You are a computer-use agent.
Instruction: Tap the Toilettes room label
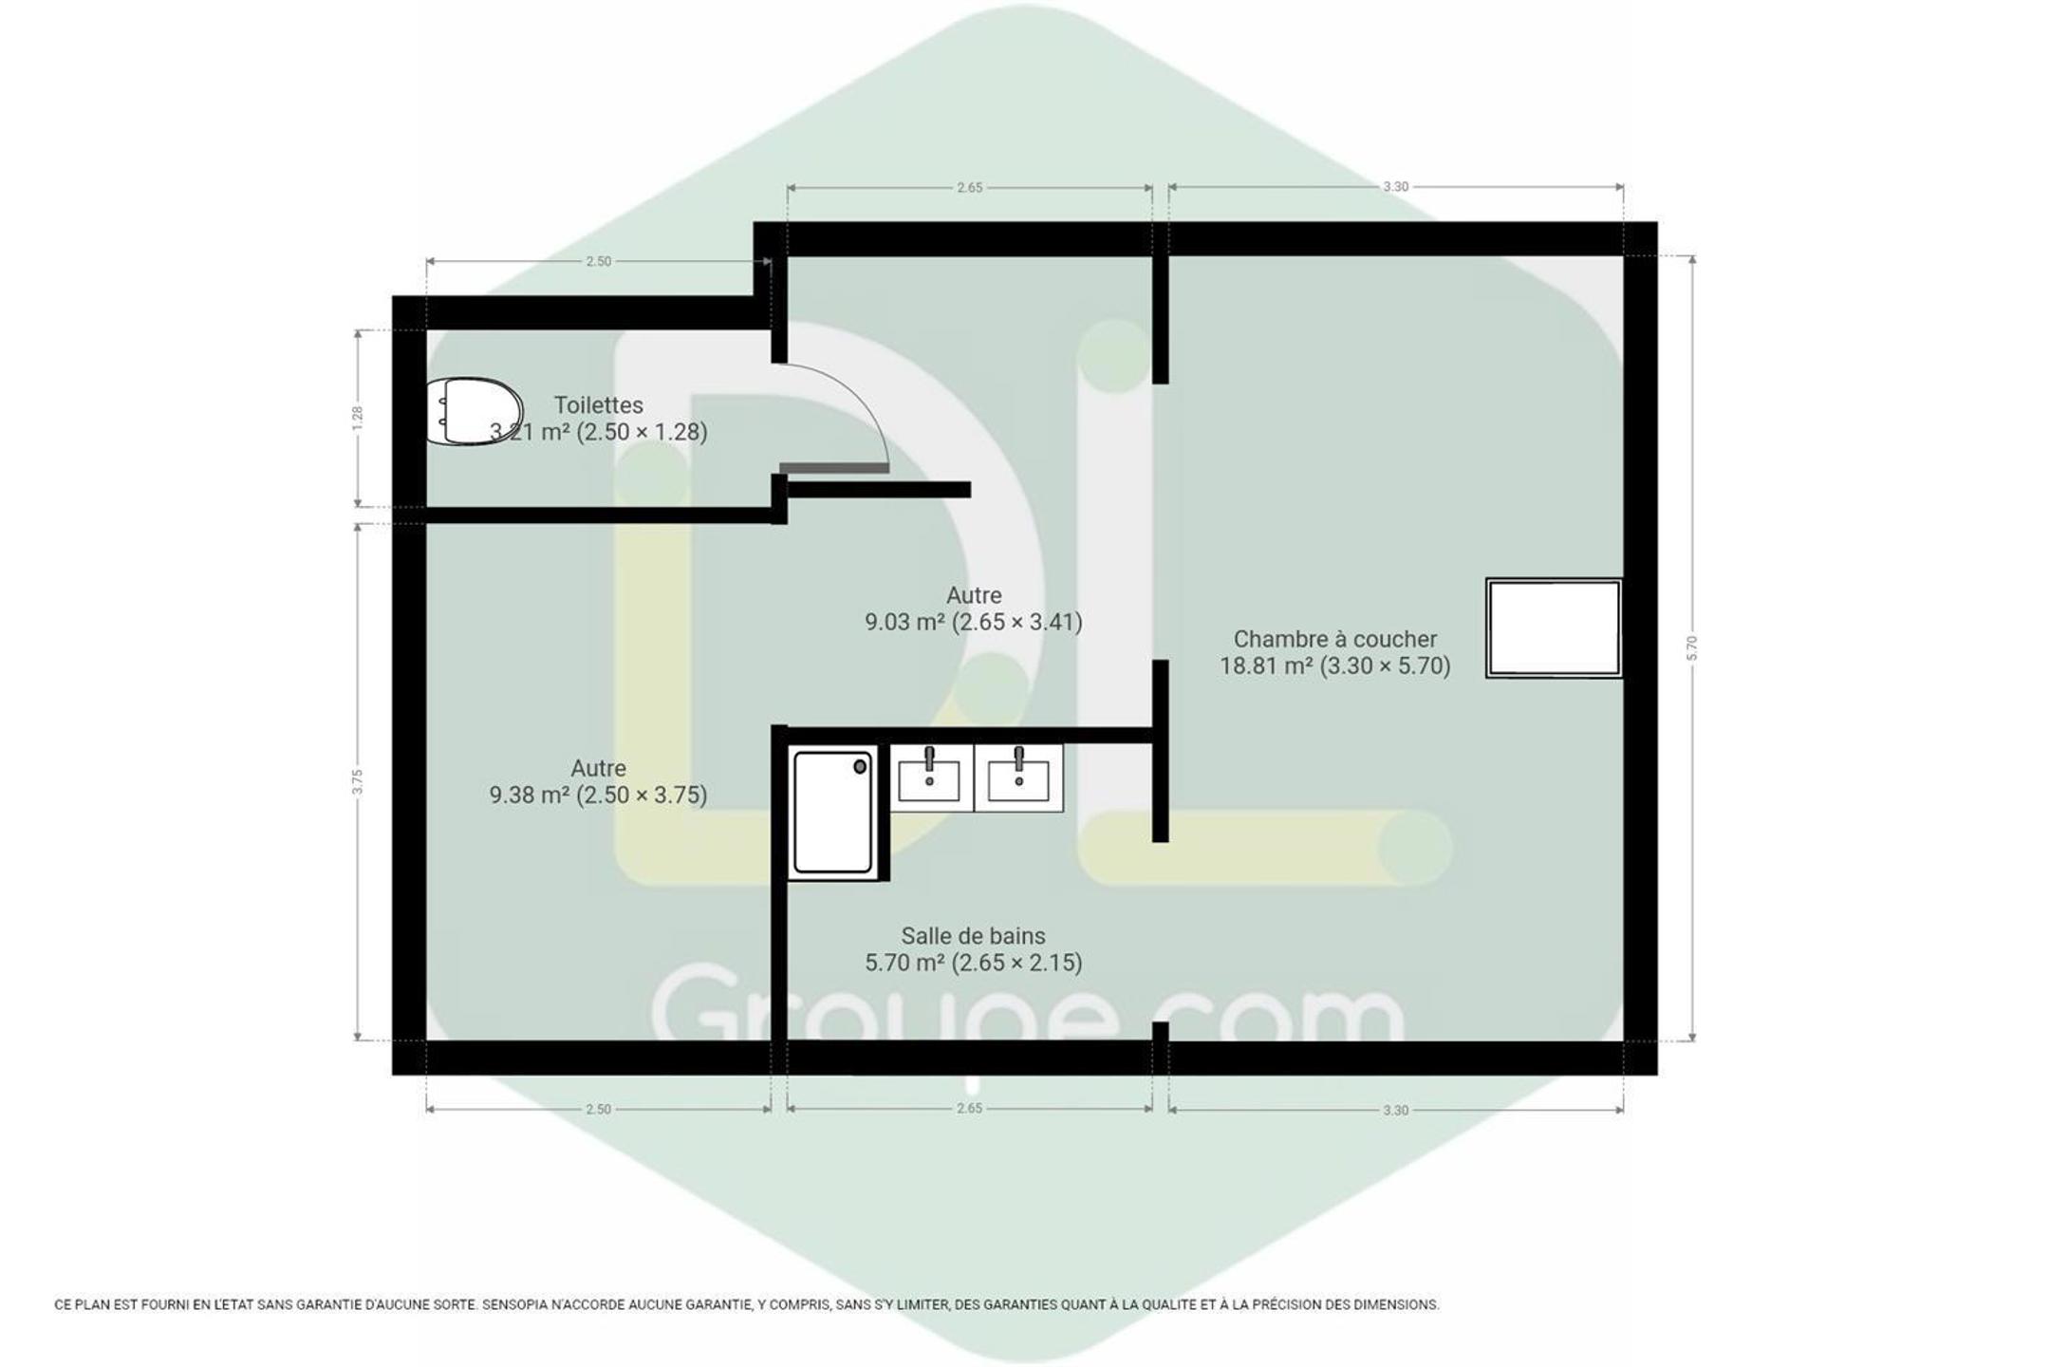pos(599,405)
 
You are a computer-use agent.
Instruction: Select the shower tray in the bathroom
pos(833,813)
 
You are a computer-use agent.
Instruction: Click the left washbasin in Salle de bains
pos(929,777)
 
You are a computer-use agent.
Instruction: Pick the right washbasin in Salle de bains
pos(1018,777)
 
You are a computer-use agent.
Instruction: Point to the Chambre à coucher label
pos(1334,639)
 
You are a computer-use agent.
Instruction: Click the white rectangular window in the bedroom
pos(1554,627)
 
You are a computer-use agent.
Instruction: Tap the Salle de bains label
pos(974,936)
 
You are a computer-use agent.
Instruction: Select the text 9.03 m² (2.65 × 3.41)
pos(974,623)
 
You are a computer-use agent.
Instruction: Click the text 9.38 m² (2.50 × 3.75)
pos(599,796)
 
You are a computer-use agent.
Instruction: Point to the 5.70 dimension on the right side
pos(1691,647)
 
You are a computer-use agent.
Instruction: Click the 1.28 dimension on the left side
pos(357,418)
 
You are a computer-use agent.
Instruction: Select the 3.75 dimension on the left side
pos(357,781)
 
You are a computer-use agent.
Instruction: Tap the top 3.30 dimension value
pos(1395,187)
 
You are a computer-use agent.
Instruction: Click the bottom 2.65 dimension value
pos(969,1108)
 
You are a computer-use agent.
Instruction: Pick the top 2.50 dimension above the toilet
pos(598,261)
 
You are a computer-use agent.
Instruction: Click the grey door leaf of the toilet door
pos(834,468)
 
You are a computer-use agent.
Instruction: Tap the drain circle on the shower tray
pos(860,766)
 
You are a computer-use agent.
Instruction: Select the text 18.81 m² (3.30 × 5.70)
pos(1334,666)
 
